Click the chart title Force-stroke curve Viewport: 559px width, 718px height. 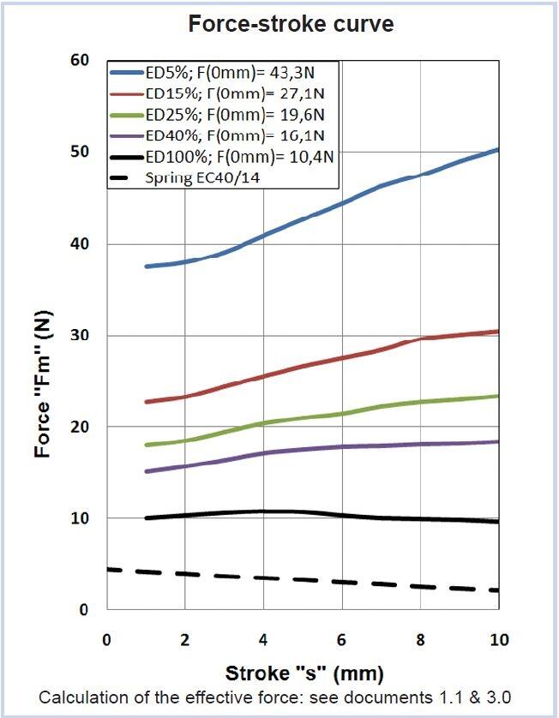[x=291, y=24]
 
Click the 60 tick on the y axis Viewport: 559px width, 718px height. [x=80, y=61]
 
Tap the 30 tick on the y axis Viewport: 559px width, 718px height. [x=80, y=336]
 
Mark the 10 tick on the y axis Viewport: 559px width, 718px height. [x=80, y=518]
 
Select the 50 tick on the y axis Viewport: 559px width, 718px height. [x=80, y=153]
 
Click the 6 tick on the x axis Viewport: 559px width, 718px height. [x=342, y=640]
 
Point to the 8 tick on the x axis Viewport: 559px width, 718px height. [x=420, y=640]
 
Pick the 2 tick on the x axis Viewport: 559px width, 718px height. [x=185, y=640]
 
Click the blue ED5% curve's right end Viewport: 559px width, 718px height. [x=498, y=150]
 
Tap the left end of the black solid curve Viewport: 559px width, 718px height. [x=147, y=518]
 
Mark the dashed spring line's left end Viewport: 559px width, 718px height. [x=108, y=569]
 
